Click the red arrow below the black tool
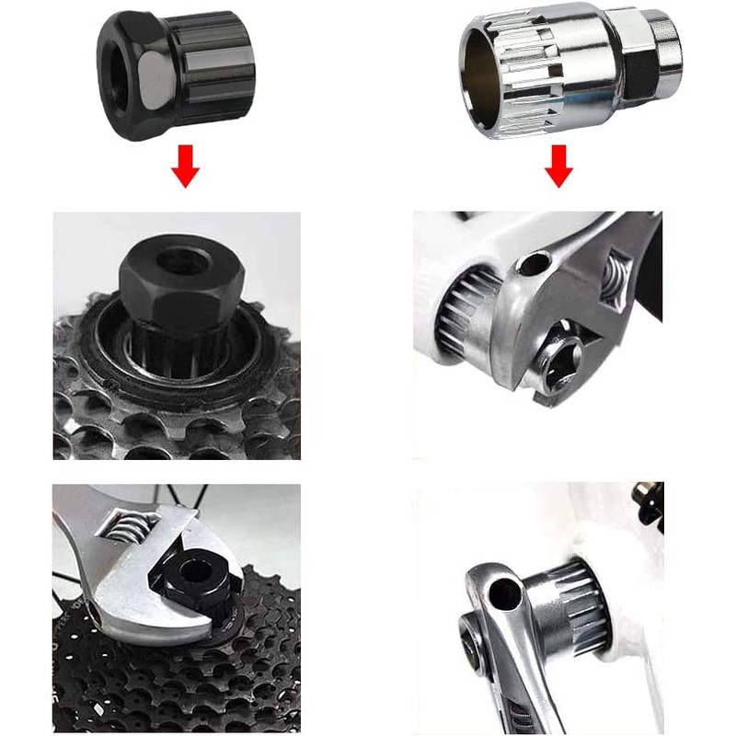tap(186, 168)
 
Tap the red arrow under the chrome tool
tap(558, 168)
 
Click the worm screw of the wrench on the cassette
tap(124, 532)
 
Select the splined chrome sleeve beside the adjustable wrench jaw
tap(465, 313)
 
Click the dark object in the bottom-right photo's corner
tap(651, 501)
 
